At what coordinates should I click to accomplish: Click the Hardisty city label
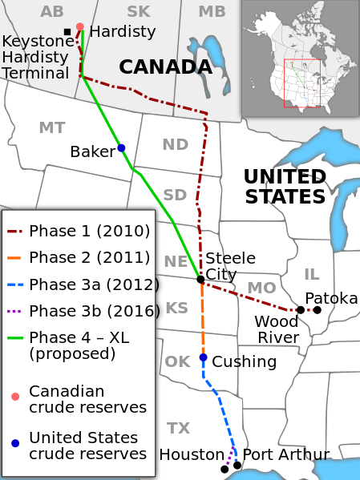[x=122, y=32]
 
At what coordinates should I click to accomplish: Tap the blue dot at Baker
[x=121, y=147]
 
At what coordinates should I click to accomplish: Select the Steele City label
[x=230, y=266]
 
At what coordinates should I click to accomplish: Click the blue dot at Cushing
[x=204, y=357]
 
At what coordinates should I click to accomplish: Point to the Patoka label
[x=331, y=299]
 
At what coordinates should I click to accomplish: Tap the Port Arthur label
[x=285, y=455]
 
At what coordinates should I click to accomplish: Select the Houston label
[x=192, y=455]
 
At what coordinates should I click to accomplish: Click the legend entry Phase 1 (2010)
[x=89, y=232]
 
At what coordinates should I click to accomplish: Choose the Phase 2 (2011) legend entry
[x=89, y=258]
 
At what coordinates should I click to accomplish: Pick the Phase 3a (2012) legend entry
[x=94, y=284]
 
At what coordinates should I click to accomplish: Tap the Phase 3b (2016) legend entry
[x=94, y=311]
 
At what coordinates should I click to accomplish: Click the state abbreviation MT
[x=51, y=128]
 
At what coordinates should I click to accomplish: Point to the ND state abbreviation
[x=175, y=144]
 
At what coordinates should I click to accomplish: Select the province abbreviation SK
[x=138, y=11]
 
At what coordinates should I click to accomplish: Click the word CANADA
[x=165, y=67]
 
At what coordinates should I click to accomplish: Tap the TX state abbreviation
[x=179, y=428]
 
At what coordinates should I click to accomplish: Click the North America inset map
[x=300, y=60]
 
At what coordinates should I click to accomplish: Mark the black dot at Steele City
[x=200, y=279]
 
